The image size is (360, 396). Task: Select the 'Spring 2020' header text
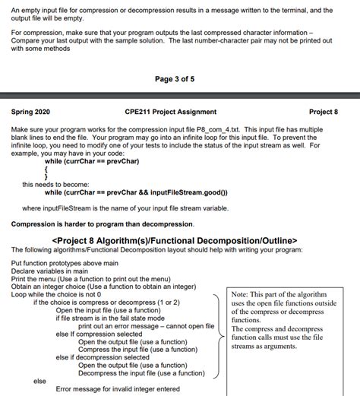tap(33, 112)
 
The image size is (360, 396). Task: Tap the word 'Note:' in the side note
tap(241, 294)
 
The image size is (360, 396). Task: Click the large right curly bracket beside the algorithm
tap(219, 334)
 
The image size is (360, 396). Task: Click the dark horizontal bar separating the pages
tap(180, 95)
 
